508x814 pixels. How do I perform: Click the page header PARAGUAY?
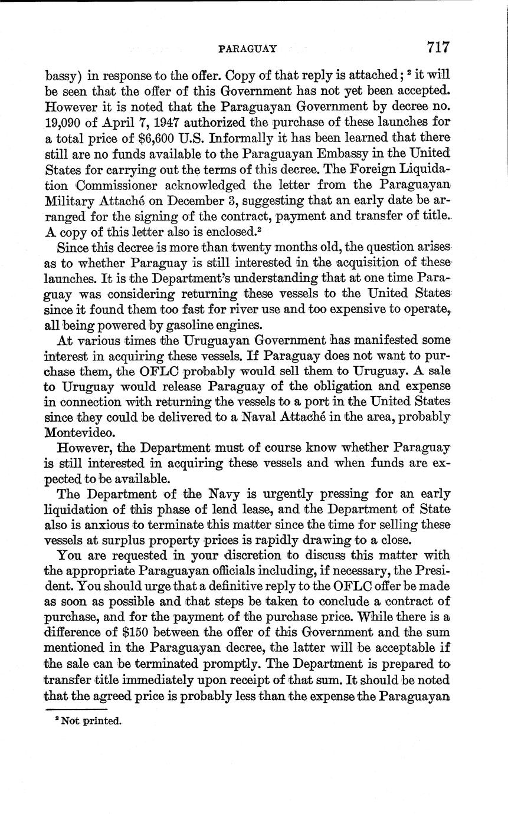247,48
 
